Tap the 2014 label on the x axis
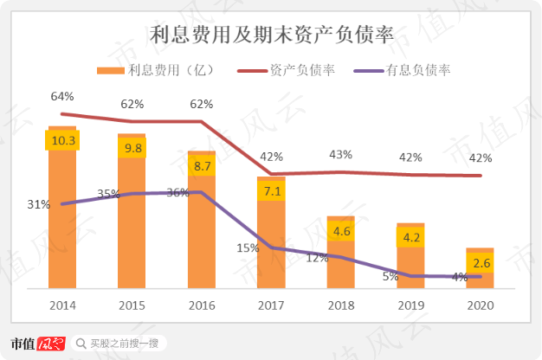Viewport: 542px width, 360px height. click(x=62, y=305)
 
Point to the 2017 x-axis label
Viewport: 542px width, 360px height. click(x=271, y=305)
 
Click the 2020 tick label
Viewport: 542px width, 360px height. click(x=480, y=305)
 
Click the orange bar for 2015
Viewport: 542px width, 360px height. click(x=132, y=225)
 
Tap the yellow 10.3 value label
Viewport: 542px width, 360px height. click(x=63, y=141)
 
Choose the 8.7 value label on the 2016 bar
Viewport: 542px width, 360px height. click(x=202, y=164)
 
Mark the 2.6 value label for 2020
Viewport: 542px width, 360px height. click(x=480, y=262)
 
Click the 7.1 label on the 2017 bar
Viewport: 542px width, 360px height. click(x=271, y=190)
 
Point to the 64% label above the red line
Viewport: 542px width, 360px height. click(x=62, y=95)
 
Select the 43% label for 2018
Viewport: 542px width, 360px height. click(x=340, y=154)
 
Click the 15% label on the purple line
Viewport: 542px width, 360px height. click(x=248, y=247)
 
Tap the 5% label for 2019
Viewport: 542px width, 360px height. click(x=390, y=276)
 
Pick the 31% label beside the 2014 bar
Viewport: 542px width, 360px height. click(x=38, y=204)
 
